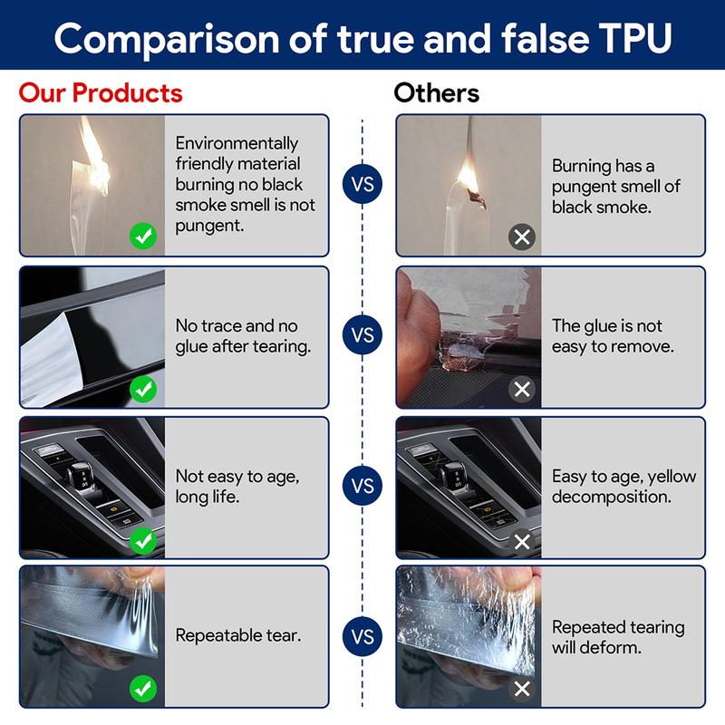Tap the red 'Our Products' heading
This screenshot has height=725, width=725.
click(101, 92)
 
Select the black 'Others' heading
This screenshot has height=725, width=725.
click(437, 92)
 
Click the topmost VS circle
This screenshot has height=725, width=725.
click(362, 184)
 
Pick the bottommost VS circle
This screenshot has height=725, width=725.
click(362, 636)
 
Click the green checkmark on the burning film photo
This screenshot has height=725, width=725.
click(143, 237)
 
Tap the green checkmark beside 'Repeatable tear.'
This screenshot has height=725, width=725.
click(143, 689)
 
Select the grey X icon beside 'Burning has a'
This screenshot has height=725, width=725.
click(522, 237)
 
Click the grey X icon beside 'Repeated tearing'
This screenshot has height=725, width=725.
click(522, 689)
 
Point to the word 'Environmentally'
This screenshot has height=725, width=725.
click(237, 143)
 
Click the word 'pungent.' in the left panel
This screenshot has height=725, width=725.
click(209, 226)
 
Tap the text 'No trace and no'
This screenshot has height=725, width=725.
click(237, 325)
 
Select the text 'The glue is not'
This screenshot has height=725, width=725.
click(606, 325)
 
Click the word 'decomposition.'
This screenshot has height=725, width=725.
click(611, 497)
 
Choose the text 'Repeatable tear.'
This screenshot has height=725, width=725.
click(238, 636)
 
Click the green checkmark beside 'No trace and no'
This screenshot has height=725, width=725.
click(143, 389)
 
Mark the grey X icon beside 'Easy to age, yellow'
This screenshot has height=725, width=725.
click(522, 541)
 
